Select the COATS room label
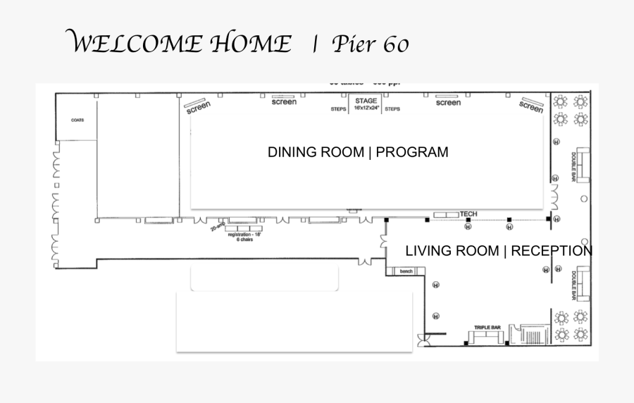77,120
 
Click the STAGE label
366,101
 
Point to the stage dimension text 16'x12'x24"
366,108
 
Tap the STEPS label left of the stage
339,109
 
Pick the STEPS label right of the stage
392,109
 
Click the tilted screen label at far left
198,106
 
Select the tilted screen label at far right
531,106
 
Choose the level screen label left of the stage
284,102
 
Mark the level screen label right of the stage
448,103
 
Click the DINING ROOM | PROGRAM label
358,152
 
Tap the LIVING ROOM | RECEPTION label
499,251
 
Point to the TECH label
468,213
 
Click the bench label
406,271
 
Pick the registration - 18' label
244,235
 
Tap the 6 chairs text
244,240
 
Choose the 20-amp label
217,228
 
